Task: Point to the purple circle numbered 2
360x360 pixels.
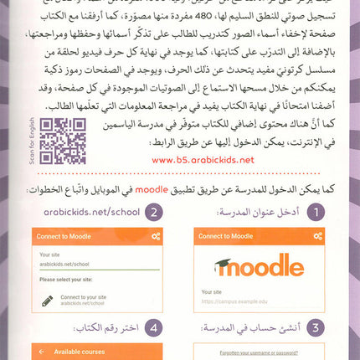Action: click(x=153, y=213)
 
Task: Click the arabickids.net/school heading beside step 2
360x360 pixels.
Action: click(x=85, y=213)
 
